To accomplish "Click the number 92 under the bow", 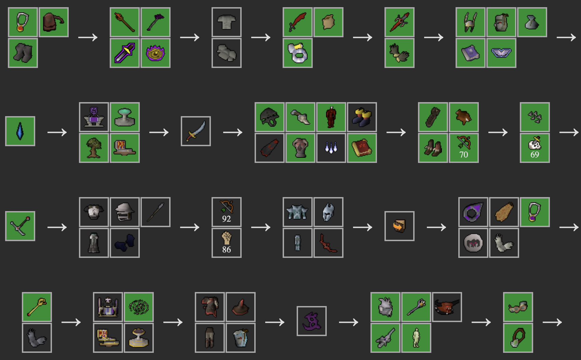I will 226,219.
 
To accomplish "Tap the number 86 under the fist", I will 226,250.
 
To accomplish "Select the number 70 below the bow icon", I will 463,155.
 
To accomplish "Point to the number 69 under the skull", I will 535,155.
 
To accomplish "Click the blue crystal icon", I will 20,131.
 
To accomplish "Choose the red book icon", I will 362,148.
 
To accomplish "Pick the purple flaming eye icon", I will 156,53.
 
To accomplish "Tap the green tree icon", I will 94,148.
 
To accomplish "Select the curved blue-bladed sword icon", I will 195,131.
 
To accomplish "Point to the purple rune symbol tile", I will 311,321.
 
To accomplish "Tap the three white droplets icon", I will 331,148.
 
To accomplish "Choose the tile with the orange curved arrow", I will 399,226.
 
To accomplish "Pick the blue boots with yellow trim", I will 362,117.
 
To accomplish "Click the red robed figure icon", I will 331,117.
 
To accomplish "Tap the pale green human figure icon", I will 416,338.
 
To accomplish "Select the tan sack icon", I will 328,22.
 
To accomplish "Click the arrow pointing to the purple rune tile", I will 275,322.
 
